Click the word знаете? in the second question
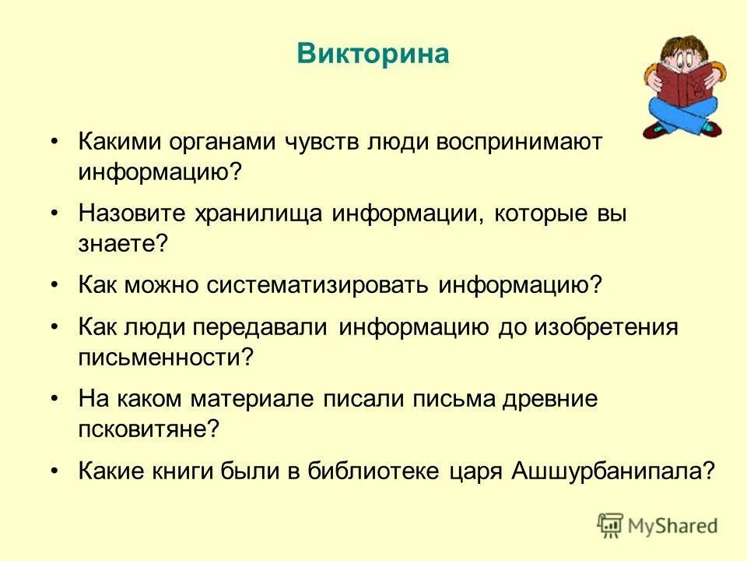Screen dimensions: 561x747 (x=122, y=243)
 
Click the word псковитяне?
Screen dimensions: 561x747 (x=149, y=429)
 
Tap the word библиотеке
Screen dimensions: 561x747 (x=375, y=471)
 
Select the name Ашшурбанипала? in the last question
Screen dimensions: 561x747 (x=612, y=471)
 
